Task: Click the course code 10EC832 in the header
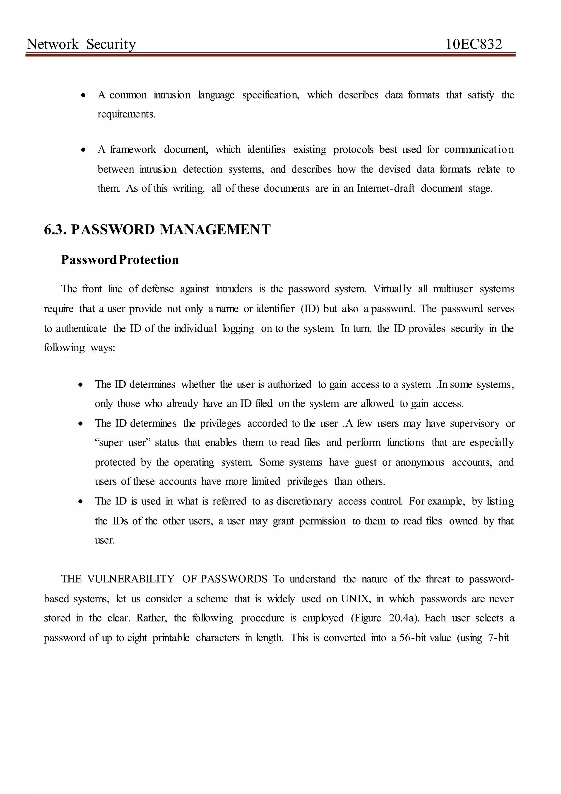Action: [x=474, y=44]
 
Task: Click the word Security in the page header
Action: [x=111, y=44]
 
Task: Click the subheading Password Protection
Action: [x=120, y=260]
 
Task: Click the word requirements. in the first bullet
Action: [x=127, y=114]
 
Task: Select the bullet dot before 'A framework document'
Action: [x=83, y=150]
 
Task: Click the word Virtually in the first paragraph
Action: [x=392, y=289]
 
